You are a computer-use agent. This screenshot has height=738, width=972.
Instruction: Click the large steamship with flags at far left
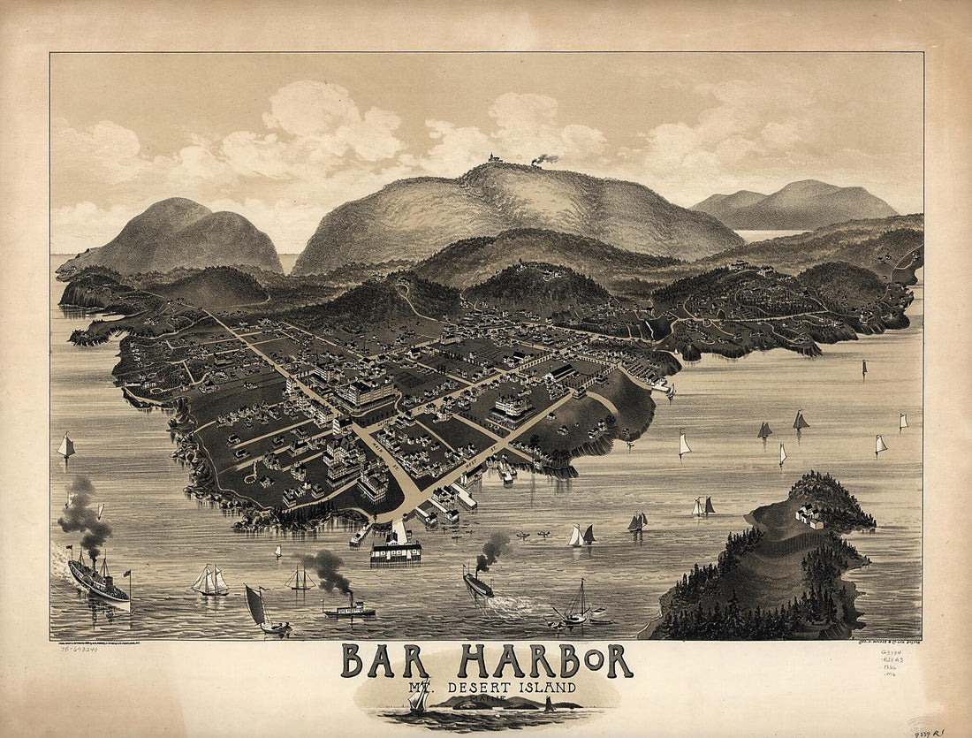(98, 579)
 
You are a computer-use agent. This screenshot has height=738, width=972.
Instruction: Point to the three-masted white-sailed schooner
(210, 581)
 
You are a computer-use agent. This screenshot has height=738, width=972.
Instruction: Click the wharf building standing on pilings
(396, 550)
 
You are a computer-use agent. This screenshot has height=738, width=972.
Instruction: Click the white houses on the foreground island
(809, 515)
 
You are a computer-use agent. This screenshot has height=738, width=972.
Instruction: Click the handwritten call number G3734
(888, 655)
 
